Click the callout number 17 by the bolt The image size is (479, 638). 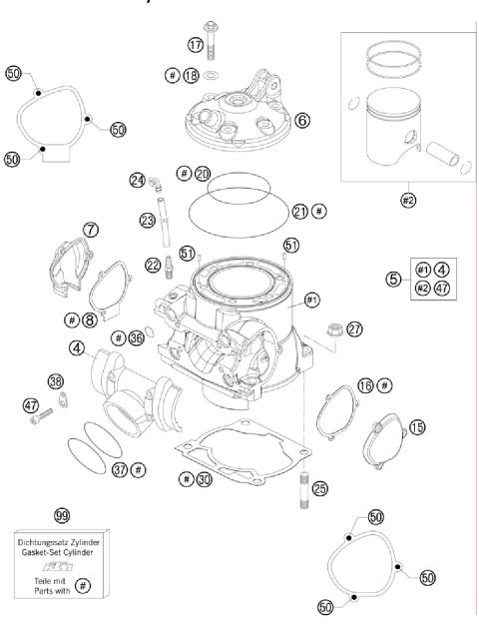pos(195,44)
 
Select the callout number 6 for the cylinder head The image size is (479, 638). pos(302,119)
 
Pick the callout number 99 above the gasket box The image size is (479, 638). pos(62,515)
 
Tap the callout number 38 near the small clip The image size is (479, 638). pos(56,380)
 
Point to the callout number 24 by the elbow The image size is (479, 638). pos(137,180)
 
